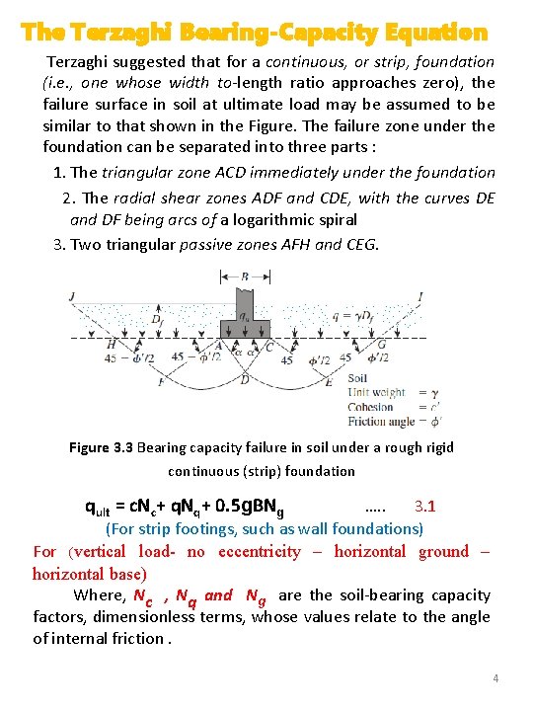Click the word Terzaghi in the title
click(x=116, y=33)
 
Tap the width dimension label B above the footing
click(x=245, y=278)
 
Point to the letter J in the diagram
click(x=71, y=295)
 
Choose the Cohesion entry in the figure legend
click(x=370, y=407)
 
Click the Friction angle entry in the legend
click(x=379, y=421)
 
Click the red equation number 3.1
click(x=425, y=507)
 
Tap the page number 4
click(x=495, y=678)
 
